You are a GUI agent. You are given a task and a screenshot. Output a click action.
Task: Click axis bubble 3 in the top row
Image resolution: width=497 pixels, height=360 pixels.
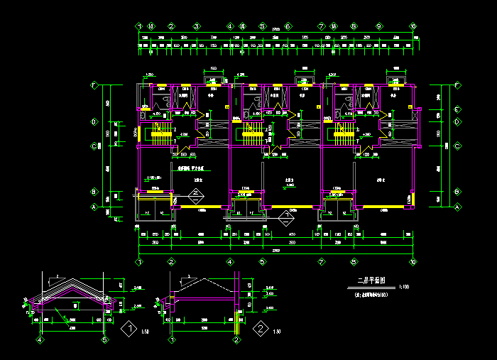coord(195,26)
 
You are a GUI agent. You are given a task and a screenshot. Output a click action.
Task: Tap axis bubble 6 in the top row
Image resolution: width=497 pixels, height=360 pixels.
coord(288,26)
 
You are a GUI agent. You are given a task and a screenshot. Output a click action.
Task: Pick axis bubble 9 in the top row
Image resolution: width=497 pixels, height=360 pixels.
coord(379,26)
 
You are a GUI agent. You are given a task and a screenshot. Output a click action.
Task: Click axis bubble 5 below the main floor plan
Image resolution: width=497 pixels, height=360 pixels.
coord(262,262)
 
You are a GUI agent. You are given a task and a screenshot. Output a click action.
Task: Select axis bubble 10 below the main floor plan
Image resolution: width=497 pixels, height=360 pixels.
coord(413,262)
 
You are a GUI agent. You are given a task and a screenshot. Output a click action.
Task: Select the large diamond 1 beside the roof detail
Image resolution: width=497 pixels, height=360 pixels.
coord(129,329)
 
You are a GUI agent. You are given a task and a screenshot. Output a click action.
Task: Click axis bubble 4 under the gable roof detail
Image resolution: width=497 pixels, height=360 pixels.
coord(40,340)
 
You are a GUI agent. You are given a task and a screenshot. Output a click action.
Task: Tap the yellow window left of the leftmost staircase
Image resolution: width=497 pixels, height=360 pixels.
coord(141,133)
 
